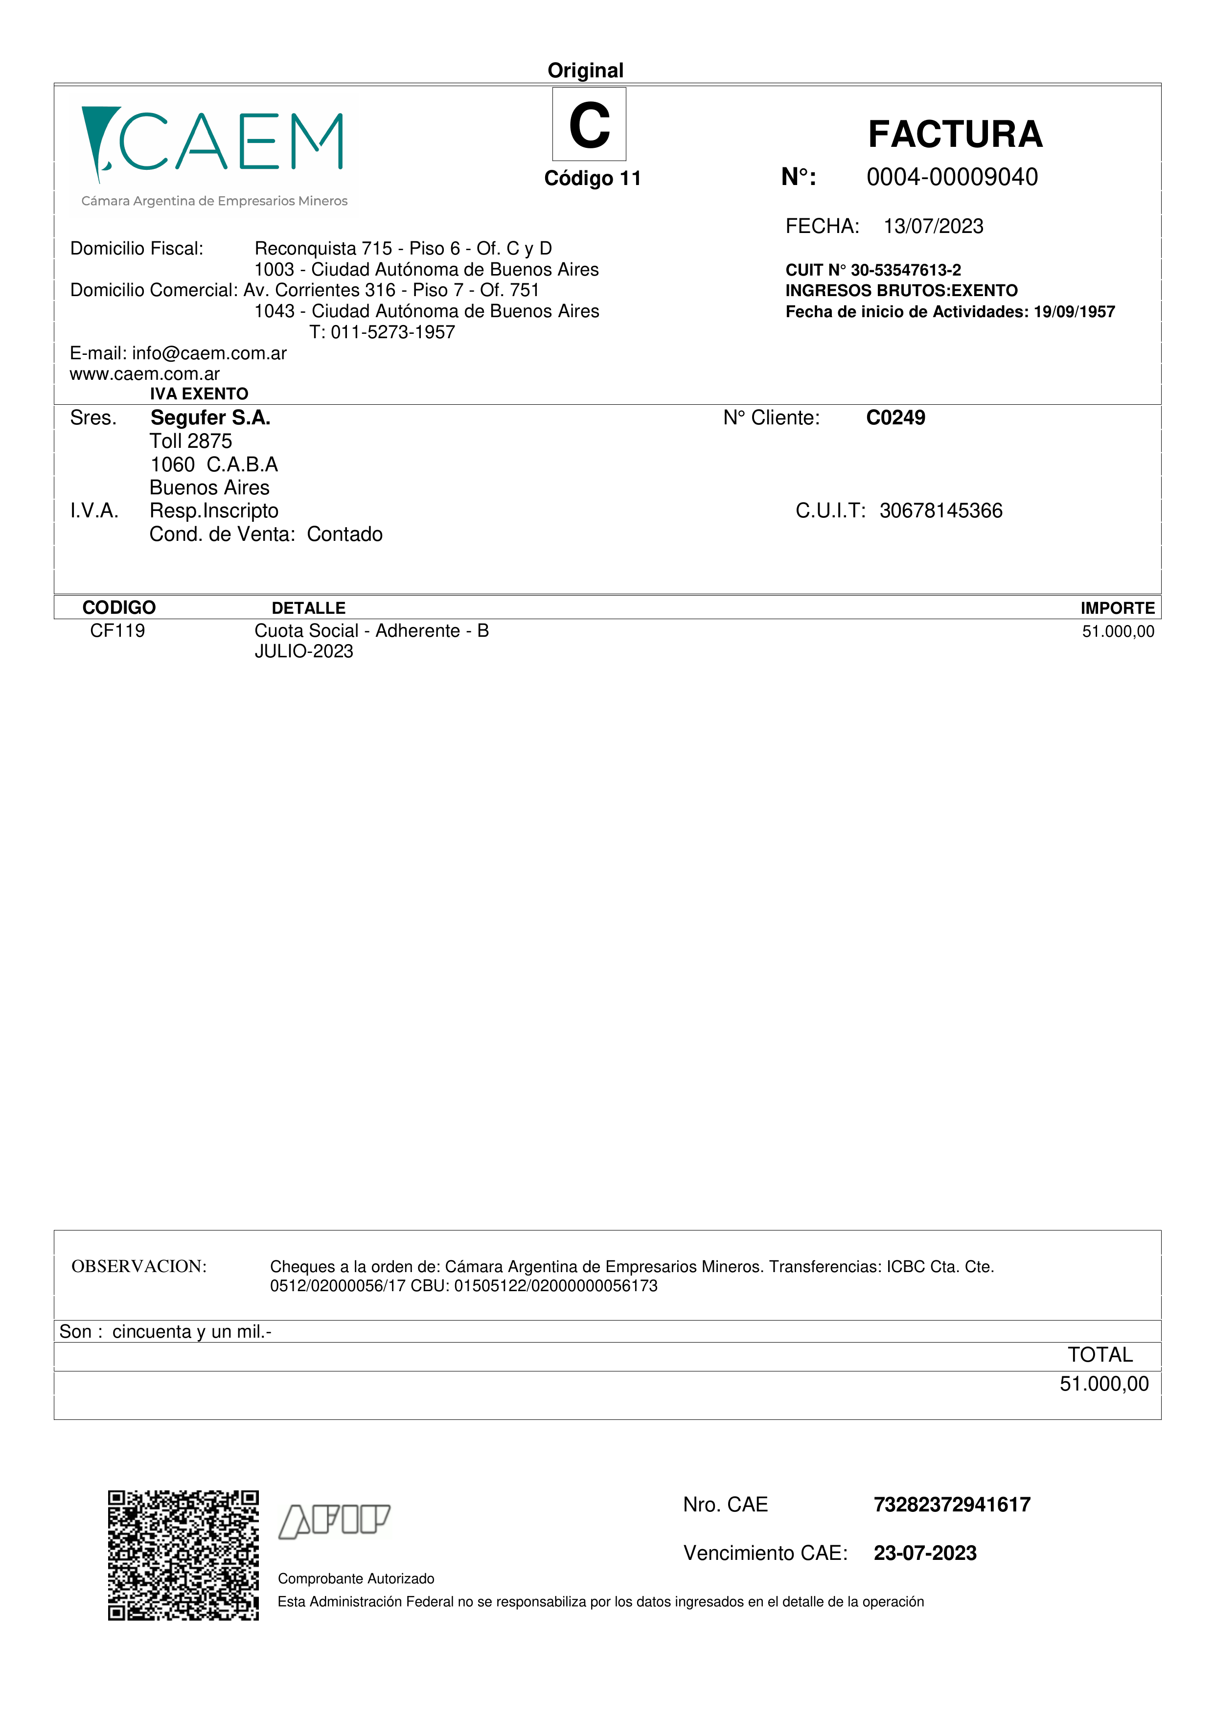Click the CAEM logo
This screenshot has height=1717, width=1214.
tap(213, 153)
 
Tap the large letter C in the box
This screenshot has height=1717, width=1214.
tap(589, 125)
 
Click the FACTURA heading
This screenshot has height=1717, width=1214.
tap(955, 135)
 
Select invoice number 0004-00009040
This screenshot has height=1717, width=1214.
tap(952, 177)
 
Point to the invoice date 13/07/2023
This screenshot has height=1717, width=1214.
tap(933, 227)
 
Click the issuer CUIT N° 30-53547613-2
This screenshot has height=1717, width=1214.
tap(872, 270)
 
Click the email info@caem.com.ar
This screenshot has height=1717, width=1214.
tap(209, 354)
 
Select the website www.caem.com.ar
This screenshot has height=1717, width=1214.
tap(144, 374)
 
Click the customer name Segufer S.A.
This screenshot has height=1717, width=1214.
tap(210, 418)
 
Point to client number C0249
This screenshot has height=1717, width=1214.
tap(895, 418)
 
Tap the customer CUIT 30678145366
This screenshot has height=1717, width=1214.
tap(940, 511)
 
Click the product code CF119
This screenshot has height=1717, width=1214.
tap(117, 631)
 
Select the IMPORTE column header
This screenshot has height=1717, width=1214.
tap(1117, 608)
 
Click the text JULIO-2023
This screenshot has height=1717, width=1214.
tap(303, 651)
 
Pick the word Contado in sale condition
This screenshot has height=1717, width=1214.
tap(344, 534)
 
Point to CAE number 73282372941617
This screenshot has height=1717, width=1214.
tap(952, 1505)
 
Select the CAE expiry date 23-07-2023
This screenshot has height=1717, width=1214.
tap(925, 1553)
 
